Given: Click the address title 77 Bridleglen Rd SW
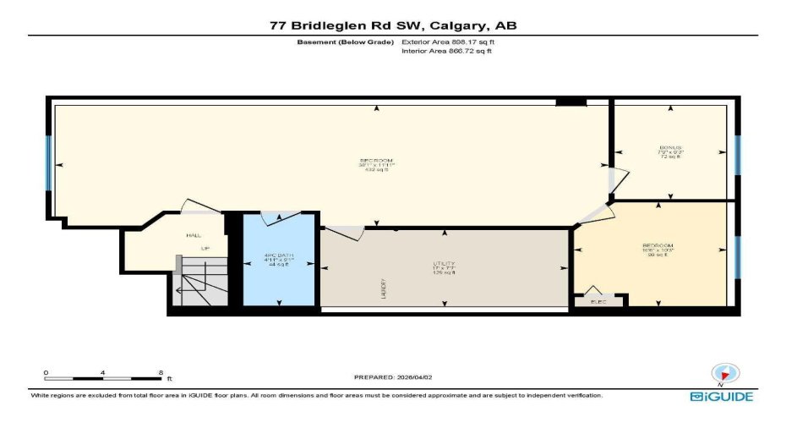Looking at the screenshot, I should [x=392, y=25].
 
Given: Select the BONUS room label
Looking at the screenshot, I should [x=670, y=147].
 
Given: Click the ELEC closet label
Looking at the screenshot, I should [x=598, y=299].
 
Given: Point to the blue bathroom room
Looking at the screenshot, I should [x=278, y=279].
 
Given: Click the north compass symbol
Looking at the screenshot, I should [x=722, y=374].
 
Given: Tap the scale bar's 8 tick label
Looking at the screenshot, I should [x=161, y=372].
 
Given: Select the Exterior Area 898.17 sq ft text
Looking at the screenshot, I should [x=448, y=41].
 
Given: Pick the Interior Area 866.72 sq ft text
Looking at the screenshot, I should [x=447, y=52].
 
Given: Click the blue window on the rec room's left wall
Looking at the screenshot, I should [x=49, y=162].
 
